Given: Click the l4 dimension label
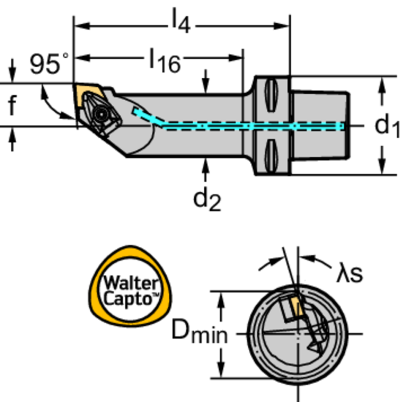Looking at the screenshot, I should click(179, 22).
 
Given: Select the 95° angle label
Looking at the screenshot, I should click(48, 64).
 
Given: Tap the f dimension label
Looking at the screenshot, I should click(12, 106).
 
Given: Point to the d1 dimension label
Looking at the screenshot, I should click(387, 126).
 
